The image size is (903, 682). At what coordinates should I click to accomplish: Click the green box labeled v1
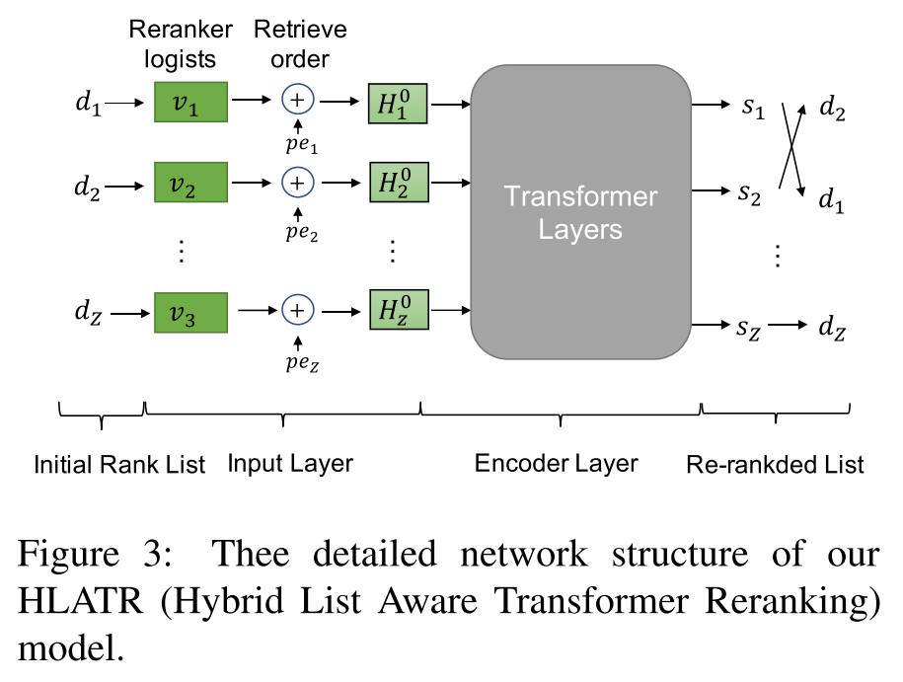191,103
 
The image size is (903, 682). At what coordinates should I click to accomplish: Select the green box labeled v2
191,184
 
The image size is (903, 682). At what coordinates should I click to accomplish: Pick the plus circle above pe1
297,100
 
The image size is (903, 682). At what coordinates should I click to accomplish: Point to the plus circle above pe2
297,183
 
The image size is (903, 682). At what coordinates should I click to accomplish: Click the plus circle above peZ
297,311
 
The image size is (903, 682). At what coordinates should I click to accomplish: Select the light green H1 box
398,103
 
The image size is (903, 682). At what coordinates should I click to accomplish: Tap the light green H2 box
398,184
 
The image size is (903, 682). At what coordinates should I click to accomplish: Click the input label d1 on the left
88,102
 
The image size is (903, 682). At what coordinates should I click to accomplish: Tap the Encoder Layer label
556,463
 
